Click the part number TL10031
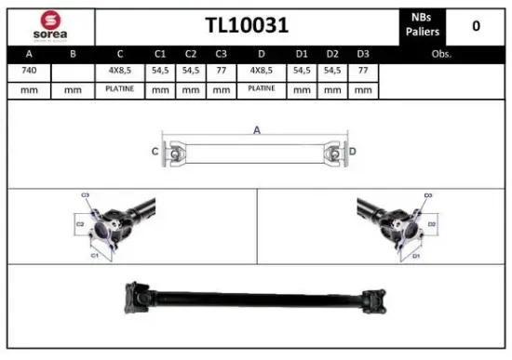pos(246,25)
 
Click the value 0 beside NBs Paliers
pos(476,25)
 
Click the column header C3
pos(221,54)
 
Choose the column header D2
pos(332,54)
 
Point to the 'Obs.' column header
pos(441,54)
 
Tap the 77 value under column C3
pos(221,72)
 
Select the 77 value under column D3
pos(363,72)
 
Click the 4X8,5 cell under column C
pos(120,72)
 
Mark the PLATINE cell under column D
pos(261,89)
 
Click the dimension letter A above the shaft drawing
pos(256,130)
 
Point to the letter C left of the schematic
pos(155,151)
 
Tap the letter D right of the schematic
pos(353,151)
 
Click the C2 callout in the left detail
pos(80,224)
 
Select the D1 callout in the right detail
pos(416,255)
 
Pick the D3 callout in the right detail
pos(428,196)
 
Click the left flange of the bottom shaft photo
pos(134,297)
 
